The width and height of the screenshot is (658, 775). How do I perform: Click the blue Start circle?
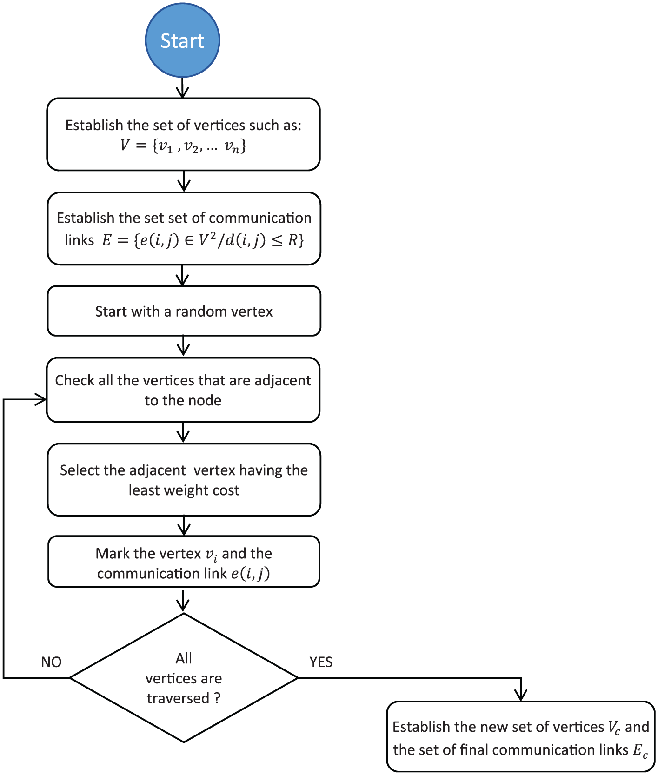tap(182, 40)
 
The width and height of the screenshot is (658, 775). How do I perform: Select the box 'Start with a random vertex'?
tap(184, 311)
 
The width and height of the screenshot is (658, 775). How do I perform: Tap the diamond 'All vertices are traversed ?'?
tap(184, 678)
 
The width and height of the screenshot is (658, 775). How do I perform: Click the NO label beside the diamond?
tap(51, 662)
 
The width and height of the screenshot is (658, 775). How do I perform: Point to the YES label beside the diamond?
tap(321, 662)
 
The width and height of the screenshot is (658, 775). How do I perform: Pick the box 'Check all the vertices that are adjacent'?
tap(183, 390)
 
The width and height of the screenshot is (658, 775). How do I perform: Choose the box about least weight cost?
tap(184, 480)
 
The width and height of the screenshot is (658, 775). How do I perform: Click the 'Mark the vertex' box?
tap(184, 562)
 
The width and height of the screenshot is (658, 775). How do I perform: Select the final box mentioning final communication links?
tap(521, 737)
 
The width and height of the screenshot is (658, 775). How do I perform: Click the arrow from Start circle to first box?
tap(182, 88)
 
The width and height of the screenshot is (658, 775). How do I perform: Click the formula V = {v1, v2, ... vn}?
tap(183, 146)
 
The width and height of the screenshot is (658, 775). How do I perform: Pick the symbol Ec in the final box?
tap(640, 750)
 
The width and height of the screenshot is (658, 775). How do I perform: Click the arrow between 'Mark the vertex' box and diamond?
tap(183, 601)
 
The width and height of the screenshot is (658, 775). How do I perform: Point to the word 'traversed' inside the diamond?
tap(178, 698)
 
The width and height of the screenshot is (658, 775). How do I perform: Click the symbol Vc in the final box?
tap(614, 728)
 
